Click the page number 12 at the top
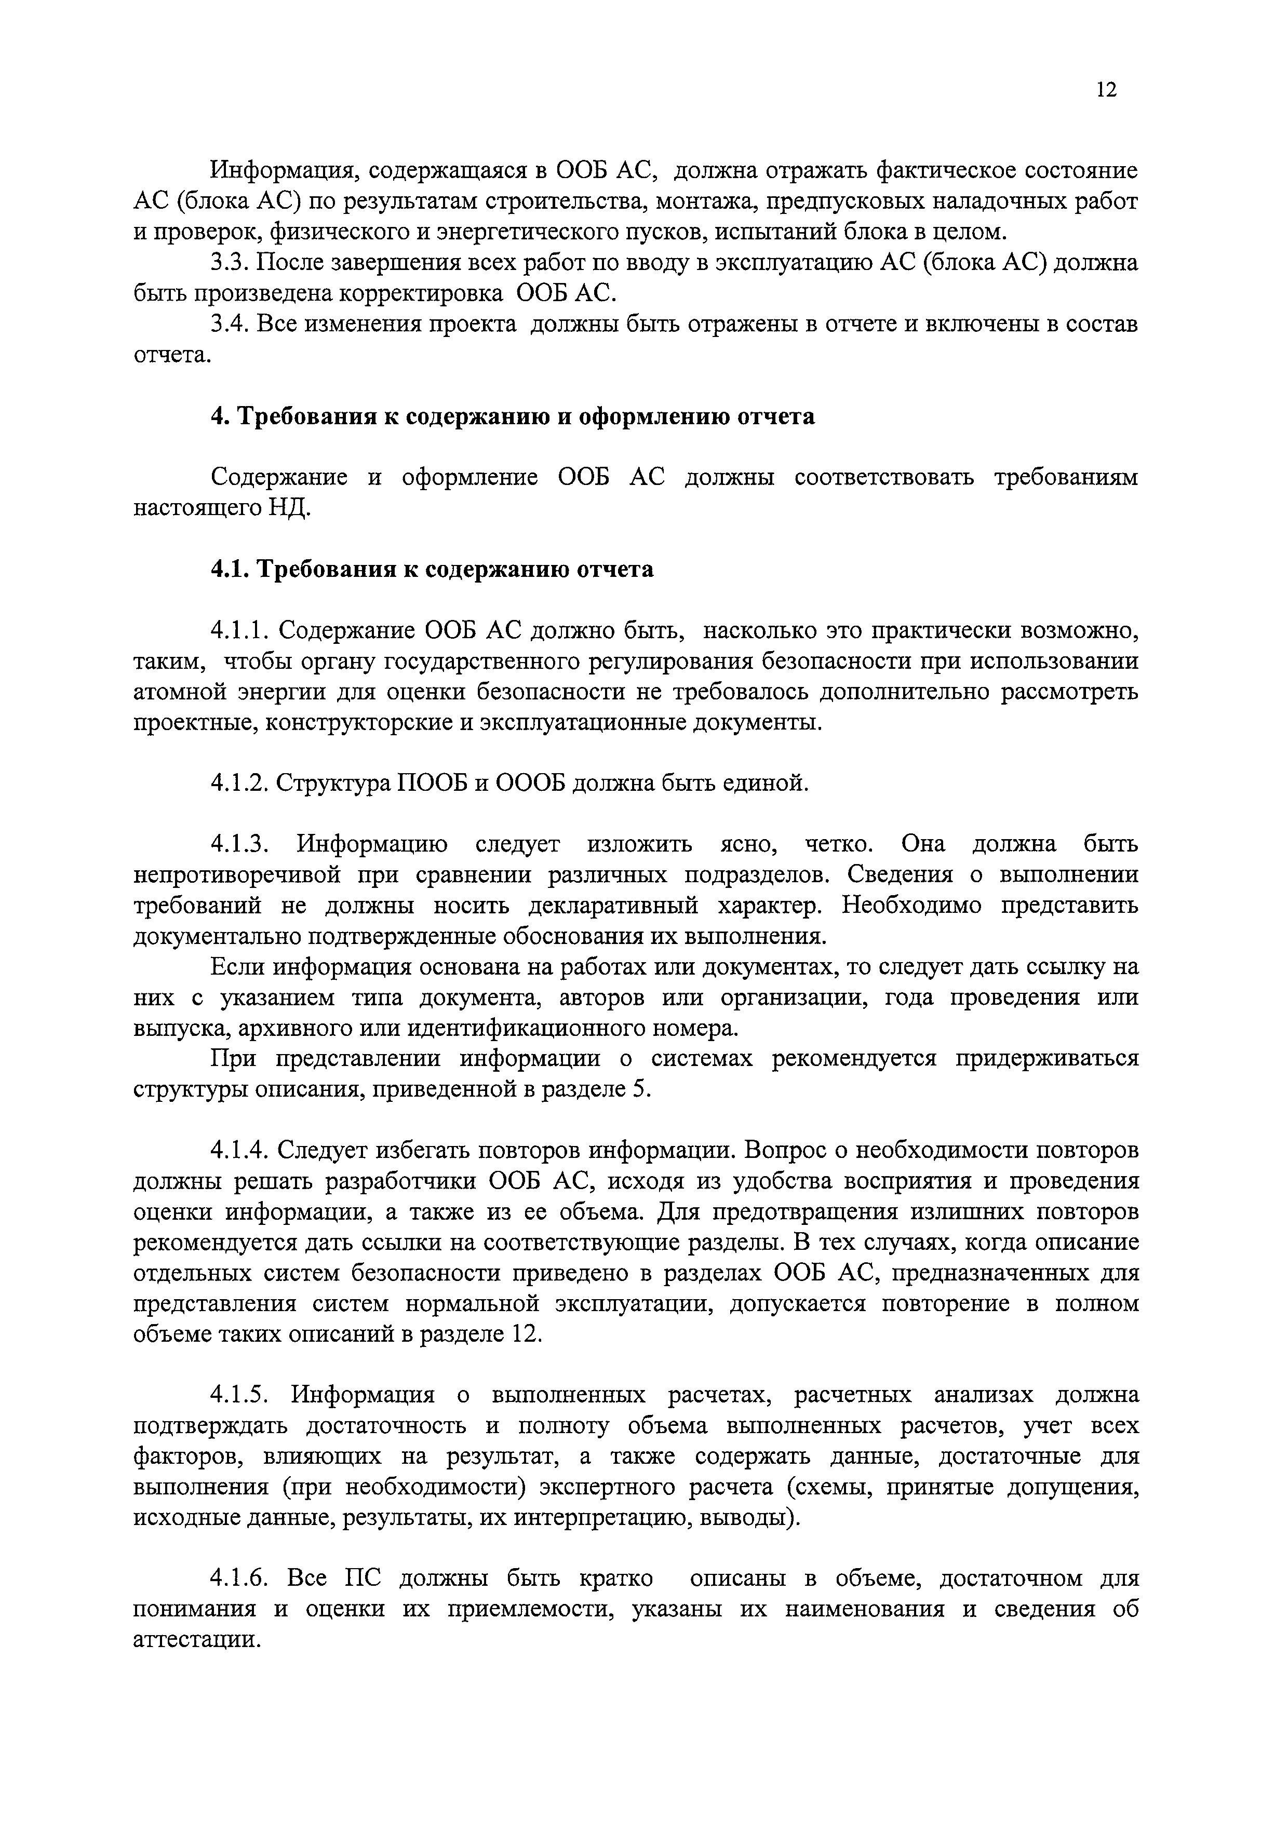point(1106,90)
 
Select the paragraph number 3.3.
point(230,263)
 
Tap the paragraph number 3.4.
point(231,325)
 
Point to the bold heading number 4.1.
point(230,570)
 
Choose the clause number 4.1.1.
point(241,631)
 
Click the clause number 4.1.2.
point(241,784)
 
